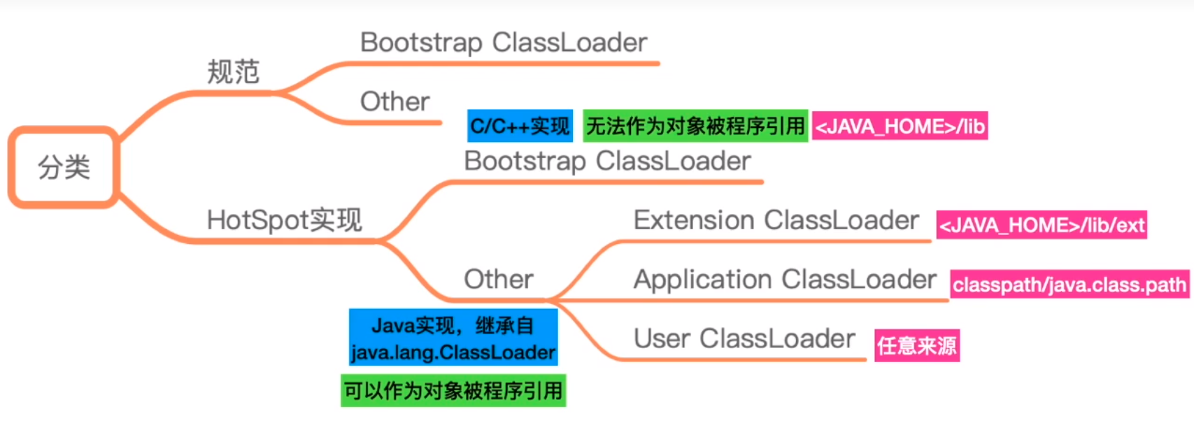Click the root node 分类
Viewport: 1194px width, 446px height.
point(64,168)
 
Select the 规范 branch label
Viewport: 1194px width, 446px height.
point(234,72)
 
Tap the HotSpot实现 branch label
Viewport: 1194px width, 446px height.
point(284,221)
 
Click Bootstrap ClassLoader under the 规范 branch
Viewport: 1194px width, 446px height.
point(504,43)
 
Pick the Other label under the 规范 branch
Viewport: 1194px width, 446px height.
point(395,102)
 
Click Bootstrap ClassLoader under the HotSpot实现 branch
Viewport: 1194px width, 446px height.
point(607,161)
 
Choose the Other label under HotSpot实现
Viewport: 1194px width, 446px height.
point(498,280)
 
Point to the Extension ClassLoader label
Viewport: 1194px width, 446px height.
point(776,221)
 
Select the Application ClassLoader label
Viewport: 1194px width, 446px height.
point(785,280)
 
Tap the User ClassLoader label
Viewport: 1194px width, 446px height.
point(744,339)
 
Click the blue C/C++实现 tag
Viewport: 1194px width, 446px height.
point(520,127)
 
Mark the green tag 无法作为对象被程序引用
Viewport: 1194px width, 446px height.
point(695,127)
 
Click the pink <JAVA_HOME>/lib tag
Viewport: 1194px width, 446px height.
point(900,127)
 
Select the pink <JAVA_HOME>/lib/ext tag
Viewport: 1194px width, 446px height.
point(1042,225)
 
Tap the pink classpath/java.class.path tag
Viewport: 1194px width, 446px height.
point(1069,285)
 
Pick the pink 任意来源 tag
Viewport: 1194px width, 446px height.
point(917,345)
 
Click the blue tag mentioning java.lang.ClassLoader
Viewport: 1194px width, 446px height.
point(453,338)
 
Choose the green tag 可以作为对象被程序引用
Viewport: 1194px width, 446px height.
point(453,391)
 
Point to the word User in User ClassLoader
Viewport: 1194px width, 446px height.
point(662,339)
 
